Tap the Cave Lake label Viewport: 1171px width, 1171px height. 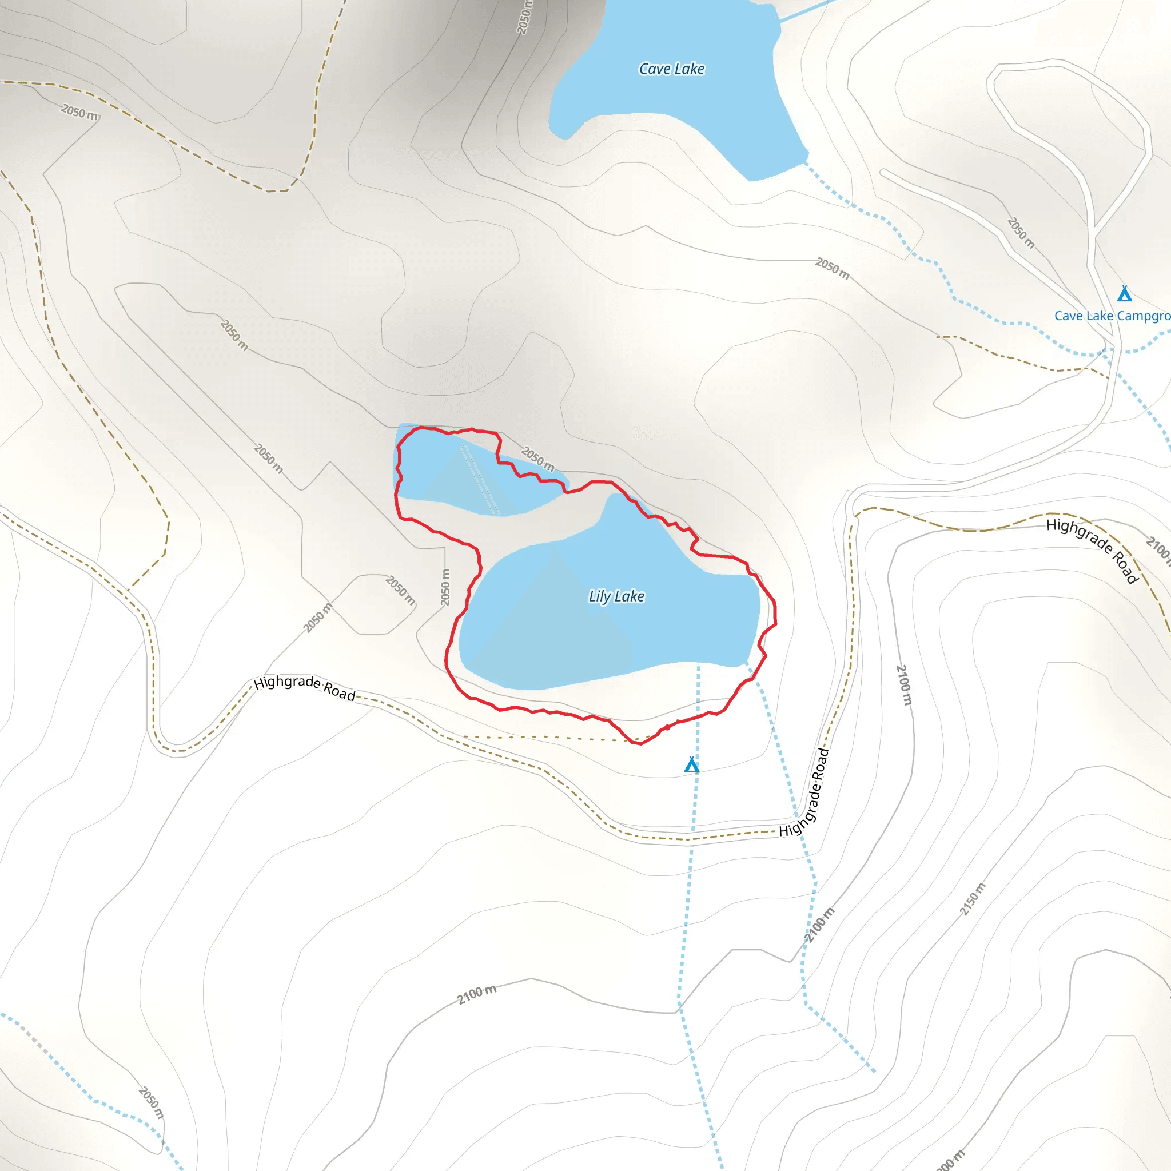point(672,69)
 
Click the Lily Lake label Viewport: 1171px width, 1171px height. point(616,596)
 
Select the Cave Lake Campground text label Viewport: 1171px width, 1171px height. point(1112,316)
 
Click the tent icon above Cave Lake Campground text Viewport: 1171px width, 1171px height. point(1124,294)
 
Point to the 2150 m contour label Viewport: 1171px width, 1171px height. point(972,899)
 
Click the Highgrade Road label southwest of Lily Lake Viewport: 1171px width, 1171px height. point(304,687)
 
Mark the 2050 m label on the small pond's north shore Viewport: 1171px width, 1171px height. point(537,459)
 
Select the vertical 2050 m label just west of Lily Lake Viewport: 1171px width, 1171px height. point(445,587)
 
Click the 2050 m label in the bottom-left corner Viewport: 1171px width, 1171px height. point(151,1102)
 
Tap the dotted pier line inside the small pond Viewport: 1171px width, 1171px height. point(481,479)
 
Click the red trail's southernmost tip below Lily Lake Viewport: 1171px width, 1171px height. point(639,743)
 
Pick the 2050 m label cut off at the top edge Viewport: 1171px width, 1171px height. point(525,17)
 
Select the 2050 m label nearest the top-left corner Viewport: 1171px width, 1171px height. point(79,111)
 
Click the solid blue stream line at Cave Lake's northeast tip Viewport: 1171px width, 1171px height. point(806,11)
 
